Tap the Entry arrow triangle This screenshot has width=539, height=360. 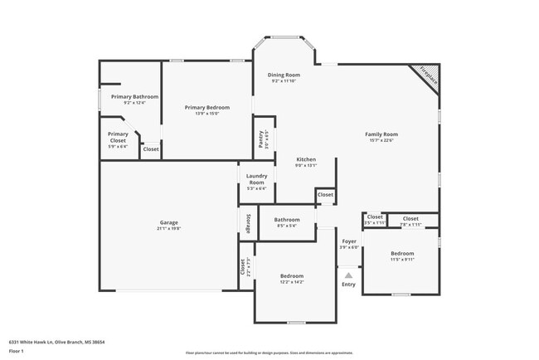[348, 275]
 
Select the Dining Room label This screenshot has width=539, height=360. [284, 75]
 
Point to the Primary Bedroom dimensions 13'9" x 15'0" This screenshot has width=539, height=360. [206, 114]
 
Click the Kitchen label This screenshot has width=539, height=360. [307, 158]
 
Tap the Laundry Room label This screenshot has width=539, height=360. [256, 178]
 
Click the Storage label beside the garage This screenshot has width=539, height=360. [246, 223]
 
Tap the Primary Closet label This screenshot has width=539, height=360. [118, 137]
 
